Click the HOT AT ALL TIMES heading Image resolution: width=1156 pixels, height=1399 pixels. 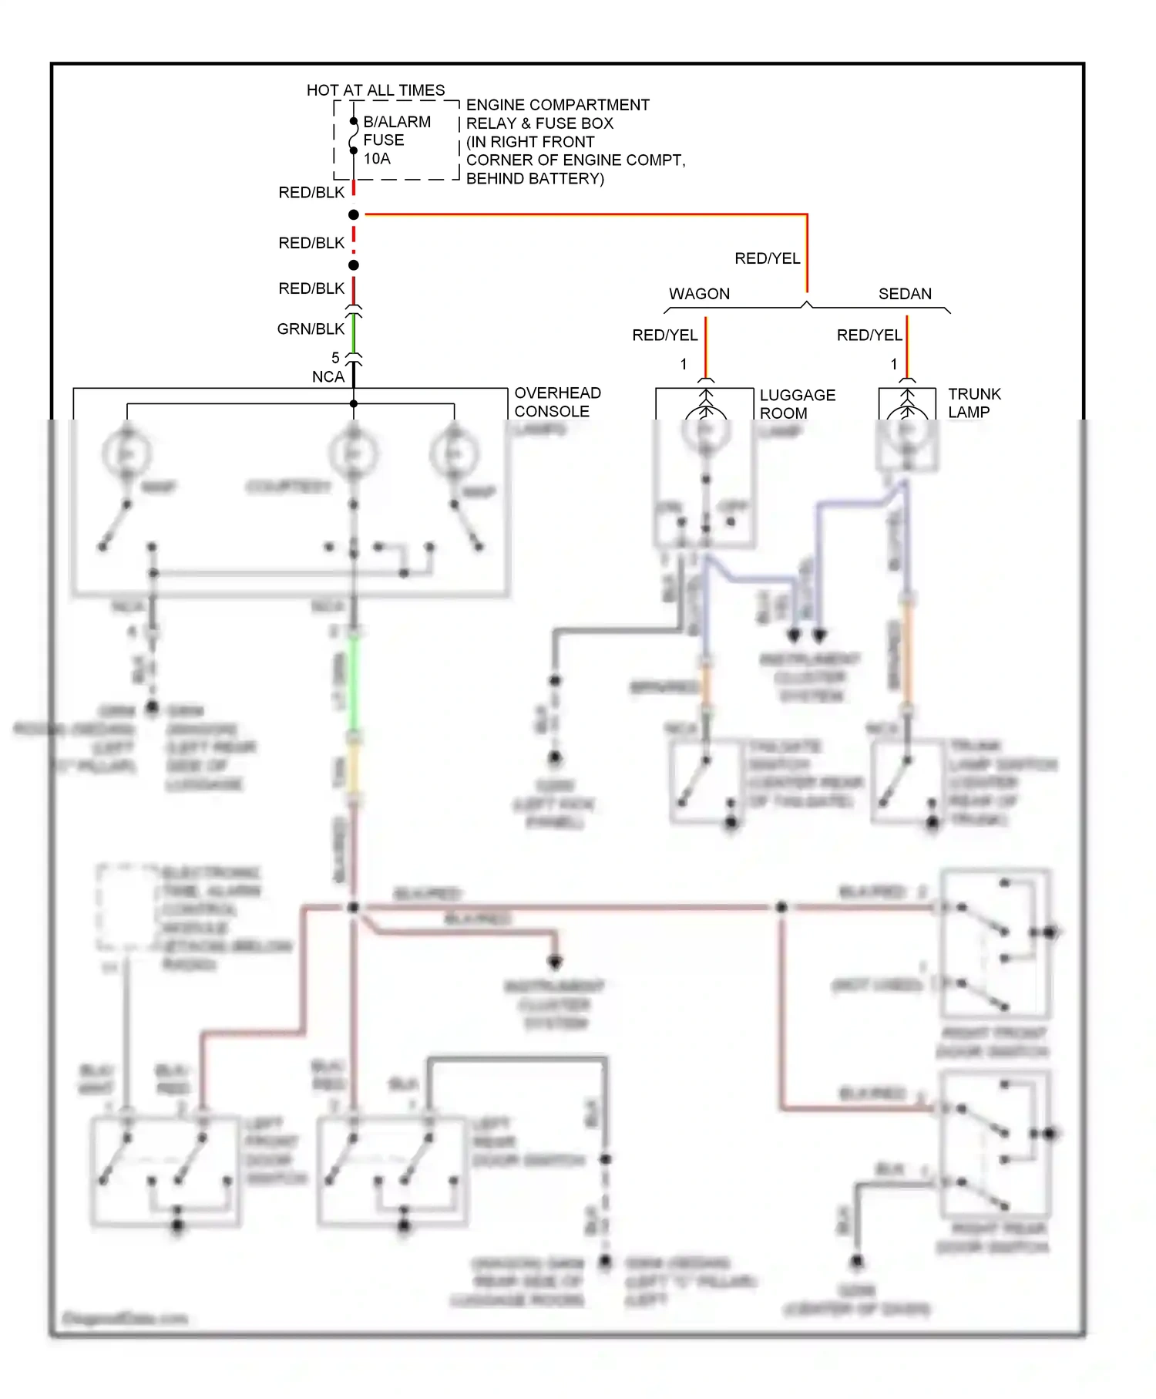pos(375,90)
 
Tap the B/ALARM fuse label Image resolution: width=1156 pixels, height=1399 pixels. pos(397,122)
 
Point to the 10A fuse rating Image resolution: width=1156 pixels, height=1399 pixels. pos(377,159)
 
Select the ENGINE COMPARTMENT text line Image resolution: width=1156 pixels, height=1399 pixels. pos(557,105)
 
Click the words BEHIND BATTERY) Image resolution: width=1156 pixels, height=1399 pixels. pos(535,179)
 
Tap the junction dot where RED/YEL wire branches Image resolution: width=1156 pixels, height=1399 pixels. pos(354,214)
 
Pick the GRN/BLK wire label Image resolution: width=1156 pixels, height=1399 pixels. pos(311,329)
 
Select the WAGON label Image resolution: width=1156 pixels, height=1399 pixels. pos(699,294)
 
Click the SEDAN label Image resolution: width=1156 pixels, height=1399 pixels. pos(905,294)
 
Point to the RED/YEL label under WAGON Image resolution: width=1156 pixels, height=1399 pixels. pos(664,335)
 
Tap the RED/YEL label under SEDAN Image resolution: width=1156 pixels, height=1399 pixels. pos(869,335)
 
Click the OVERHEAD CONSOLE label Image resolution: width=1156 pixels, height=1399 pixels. pos(557,402)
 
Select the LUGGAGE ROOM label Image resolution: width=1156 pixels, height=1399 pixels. pos(797,403)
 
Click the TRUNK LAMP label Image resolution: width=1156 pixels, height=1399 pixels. pos(974,403)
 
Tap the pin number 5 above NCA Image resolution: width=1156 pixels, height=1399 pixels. pos(335,358)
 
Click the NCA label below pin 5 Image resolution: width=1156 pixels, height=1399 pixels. pos(328,377)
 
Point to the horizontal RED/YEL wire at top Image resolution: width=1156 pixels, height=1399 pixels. pos(586,214)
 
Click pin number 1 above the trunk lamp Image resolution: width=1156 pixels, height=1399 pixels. pos(894,364)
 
